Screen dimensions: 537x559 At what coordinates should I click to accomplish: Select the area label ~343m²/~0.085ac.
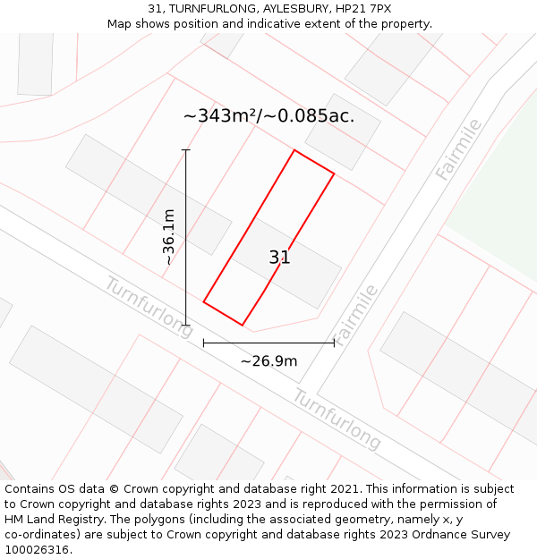click(268, 116)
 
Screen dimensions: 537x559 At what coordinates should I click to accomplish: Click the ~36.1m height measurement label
click(168, 237)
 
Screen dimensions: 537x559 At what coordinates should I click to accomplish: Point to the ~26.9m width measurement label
click(268, 361)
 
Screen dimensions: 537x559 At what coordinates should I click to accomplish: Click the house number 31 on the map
click(279, 258)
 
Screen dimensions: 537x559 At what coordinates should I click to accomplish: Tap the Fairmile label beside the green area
click(459, 149)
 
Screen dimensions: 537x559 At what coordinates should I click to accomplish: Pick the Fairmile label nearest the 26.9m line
click(356, 315)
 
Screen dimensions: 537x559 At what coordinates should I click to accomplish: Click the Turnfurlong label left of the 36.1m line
click(149, 307)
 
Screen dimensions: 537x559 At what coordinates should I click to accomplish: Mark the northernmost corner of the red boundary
click(294, 150)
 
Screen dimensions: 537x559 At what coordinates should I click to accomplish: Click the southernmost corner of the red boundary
click(243, 325)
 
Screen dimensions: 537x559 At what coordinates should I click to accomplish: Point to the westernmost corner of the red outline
click(204, 302)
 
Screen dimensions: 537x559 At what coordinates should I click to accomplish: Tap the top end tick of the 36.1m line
click(186, 149)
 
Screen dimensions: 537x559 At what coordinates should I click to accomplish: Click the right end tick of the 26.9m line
click(334, 342)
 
